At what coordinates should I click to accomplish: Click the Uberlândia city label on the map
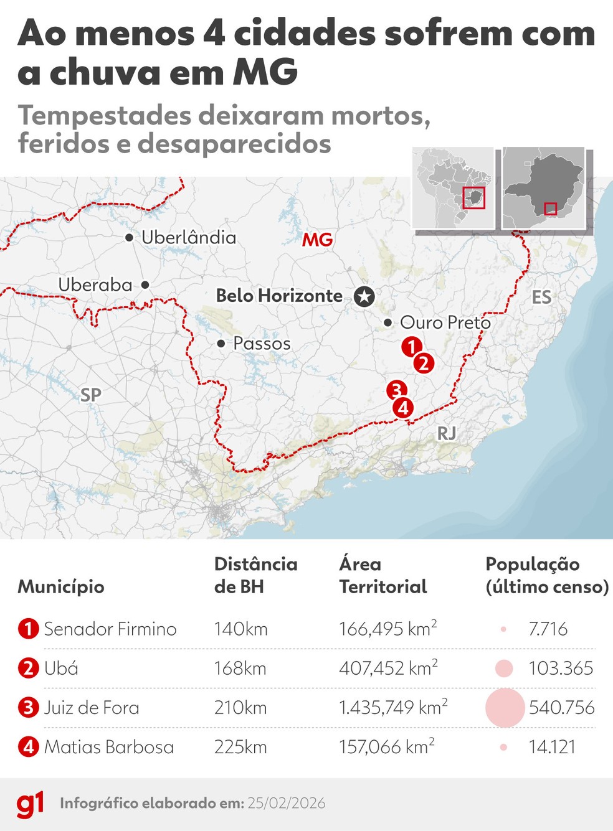coord(188,237)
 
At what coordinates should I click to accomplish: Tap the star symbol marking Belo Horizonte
coord(364,296)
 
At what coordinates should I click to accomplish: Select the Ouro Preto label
coord(445,322)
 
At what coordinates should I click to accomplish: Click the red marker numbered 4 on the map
coord(403,408)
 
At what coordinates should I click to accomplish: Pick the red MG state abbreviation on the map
coord(318,240)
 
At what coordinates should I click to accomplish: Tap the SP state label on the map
coord(91,395)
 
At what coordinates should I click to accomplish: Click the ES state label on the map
coord(541,297)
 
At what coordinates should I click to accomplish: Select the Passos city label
coord(262,344)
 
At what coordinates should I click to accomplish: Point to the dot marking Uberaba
coord(145,284)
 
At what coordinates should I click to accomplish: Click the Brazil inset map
coord(453,188)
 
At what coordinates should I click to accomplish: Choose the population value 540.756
coord(561,708)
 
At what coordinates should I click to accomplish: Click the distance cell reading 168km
coord(240,669)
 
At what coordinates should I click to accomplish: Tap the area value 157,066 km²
coord(386,747)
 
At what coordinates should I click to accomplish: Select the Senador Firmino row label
coord(110,629)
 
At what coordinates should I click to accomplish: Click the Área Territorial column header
coord(383,575)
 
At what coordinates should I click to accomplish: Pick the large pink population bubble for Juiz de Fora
coord(505,708)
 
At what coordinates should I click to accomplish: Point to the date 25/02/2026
coord(286,803)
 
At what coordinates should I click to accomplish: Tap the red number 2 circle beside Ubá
coord(28,669)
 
